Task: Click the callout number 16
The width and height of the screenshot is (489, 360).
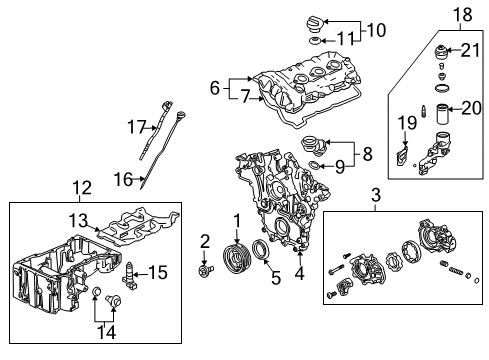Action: pyautogui.click(x=125, y=179)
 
